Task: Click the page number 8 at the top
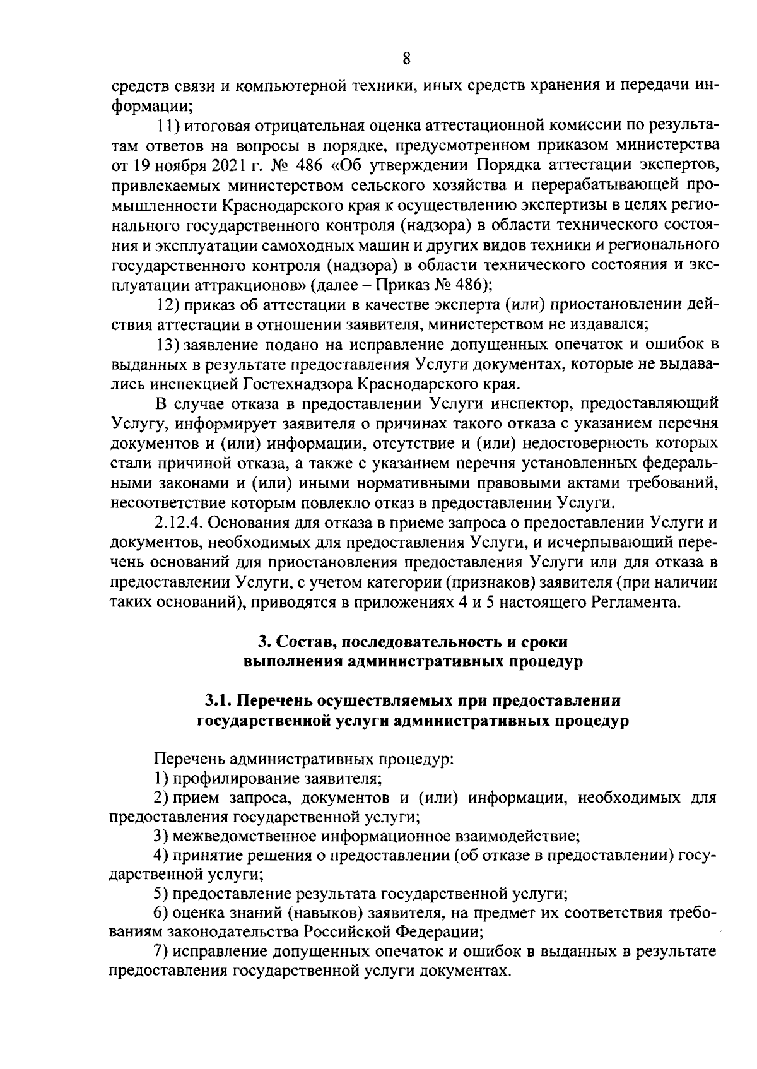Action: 406,59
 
